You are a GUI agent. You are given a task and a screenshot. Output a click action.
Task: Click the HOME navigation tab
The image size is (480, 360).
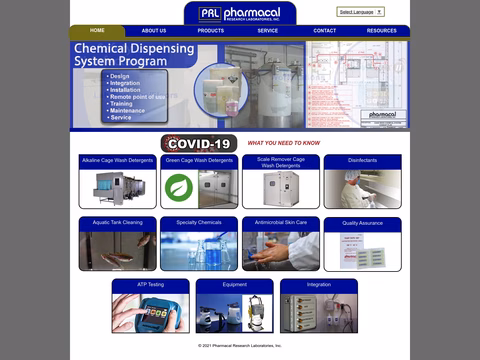pos(97,31)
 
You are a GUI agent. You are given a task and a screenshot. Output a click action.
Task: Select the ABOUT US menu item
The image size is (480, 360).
pos(154,31)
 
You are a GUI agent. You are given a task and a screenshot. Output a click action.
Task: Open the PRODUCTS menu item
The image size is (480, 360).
pos(211,31)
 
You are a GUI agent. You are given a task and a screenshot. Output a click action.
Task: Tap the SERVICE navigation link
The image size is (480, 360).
pos(268,31)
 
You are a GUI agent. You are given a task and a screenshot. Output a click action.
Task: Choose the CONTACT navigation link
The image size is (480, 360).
pos(325,31)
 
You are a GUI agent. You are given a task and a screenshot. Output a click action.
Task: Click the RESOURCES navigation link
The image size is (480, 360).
pos(381,31)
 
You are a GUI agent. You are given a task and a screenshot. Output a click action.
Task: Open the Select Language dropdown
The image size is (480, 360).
pos(360,12)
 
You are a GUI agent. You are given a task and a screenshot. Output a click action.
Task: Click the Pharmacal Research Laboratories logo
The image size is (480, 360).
pos(240,13)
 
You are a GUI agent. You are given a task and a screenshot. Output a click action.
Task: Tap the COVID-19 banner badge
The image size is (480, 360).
pos(199,143)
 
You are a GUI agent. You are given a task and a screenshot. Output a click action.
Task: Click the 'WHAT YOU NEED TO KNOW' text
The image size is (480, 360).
pos(284,143)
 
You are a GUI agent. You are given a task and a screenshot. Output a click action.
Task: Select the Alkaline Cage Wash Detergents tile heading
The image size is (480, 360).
pos(118,160)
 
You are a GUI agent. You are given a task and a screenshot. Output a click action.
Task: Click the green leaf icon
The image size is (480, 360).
pos(178,187)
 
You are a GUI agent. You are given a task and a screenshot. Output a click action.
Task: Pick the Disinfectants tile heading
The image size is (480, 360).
pos(362,160)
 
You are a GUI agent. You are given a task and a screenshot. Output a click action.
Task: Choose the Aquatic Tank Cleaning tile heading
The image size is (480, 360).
pos(118,223)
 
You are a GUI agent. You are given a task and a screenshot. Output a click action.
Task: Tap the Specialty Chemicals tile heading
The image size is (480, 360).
pos(199,223)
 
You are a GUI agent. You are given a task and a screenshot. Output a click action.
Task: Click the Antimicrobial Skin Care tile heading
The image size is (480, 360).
pos(281,222)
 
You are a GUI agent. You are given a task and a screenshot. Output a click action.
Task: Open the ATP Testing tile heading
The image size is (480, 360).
pos(150,285)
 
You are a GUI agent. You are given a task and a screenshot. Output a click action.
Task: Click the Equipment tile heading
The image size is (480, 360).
pos(234,285)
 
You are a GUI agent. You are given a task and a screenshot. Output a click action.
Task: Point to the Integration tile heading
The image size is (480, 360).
pos(319,285)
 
